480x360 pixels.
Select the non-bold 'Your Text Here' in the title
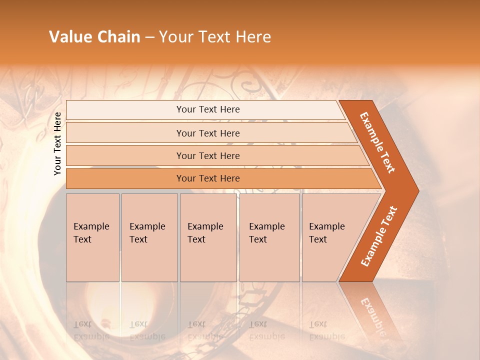click(x=215, y=37)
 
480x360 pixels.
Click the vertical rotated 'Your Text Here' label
click(x=57, y=143)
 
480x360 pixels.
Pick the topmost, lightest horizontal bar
click(x=208, y=109)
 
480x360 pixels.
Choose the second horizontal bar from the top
click(x=208, y=133)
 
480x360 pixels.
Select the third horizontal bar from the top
click(x=208, y=155)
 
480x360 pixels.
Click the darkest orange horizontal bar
click(x=208, y=178)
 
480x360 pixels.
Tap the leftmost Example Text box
click(x=92, y=237)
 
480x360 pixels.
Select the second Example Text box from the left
click(x=149, y=237)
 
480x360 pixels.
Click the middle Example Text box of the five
click(x=207, y=237)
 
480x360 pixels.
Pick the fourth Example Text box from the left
click(x=269, y=237)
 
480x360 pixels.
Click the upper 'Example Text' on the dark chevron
click(x=377, y=142)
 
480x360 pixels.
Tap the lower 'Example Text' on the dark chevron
click(x=379, y=236)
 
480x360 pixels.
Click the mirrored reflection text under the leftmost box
click(x=91, y=330)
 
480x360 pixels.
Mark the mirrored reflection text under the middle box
click(x=205, y=330)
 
